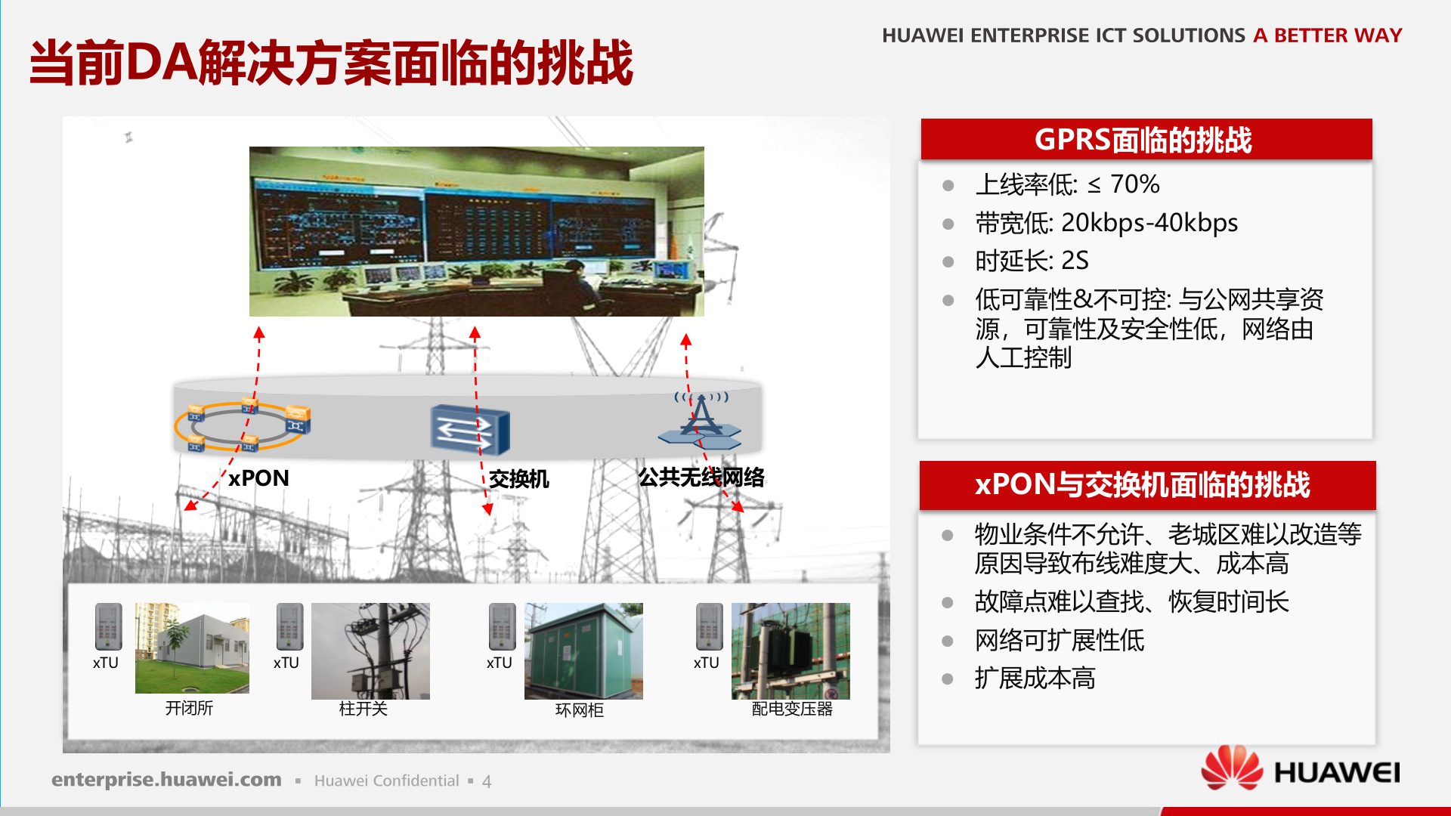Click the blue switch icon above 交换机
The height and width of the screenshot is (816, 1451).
[x=470, y=430]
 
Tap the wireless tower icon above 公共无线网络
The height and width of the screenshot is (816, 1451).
[x=701, y=420]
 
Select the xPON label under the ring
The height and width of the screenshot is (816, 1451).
[x=258, y=478]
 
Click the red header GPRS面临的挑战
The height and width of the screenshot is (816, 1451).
[x=1146, y=139]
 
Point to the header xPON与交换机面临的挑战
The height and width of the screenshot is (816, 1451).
[x=1147, y=484]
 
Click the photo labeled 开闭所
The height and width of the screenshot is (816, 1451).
[x=192, y=648]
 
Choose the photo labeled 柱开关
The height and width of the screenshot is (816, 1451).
[x=370, y=651]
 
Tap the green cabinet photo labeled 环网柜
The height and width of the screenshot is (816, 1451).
[x=583, y=651]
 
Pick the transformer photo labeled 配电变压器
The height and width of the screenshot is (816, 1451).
[x=790, y=651]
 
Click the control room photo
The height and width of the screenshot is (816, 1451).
[x=477, y=231]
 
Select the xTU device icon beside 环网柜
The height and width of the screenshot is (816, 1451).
[x=502, y=626]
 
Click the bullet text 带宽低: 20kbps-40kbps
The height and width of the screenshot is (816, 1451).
[x=1106, y=223]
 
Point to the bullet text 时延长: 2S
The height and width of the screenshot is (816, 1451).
[x=1032, y=261]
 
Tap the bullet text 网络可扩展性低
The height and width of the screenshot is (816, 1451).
[x=1060, y=640]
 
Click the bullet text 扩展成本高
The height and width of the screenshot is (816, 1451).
[x=1035, y=678]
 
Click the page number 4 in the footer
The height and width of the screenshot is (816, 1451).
[x=487, y=781]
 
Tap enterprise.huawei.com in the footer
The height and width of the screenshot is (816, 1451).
[x=166, y=780]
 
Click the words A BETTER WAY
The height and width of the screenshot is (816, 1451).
[x=1328, y=36]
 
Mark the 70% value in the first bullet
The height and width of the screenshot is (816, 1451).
[x=1134, y=184]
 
